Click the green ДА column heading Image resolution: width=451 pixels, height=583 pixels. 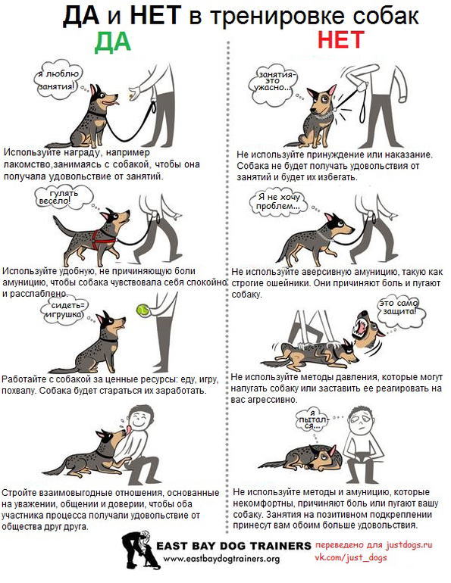[113, 41]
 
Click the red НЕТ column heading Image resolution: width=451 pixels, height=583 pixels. [340, 39]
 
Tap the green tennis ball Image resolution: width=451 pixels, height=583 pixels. [143, 310]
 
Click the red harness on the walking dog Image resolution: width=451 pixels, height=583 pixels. [102, 238]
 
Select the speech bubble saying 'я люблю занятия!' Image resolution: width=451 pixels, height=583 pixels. [58, 80]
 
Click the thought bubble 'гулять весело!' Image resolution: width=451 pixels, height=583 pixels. [63, 198]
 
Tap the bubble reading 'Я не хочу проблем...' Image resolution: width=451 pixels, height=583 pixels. [278, 202]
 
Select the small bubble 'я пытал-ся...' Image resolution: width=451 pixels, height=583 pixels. [312, 420]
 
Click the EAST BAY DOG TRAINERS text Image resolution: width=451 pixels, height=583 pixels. [233, 546]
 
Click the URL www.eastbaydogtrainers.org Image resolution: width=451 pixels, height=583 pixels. [221, 559]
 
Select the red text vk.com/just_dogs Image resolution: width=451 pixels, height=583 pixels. [351, 558]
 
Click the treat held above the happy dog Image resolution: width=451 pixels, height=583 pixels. [130, 96]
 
